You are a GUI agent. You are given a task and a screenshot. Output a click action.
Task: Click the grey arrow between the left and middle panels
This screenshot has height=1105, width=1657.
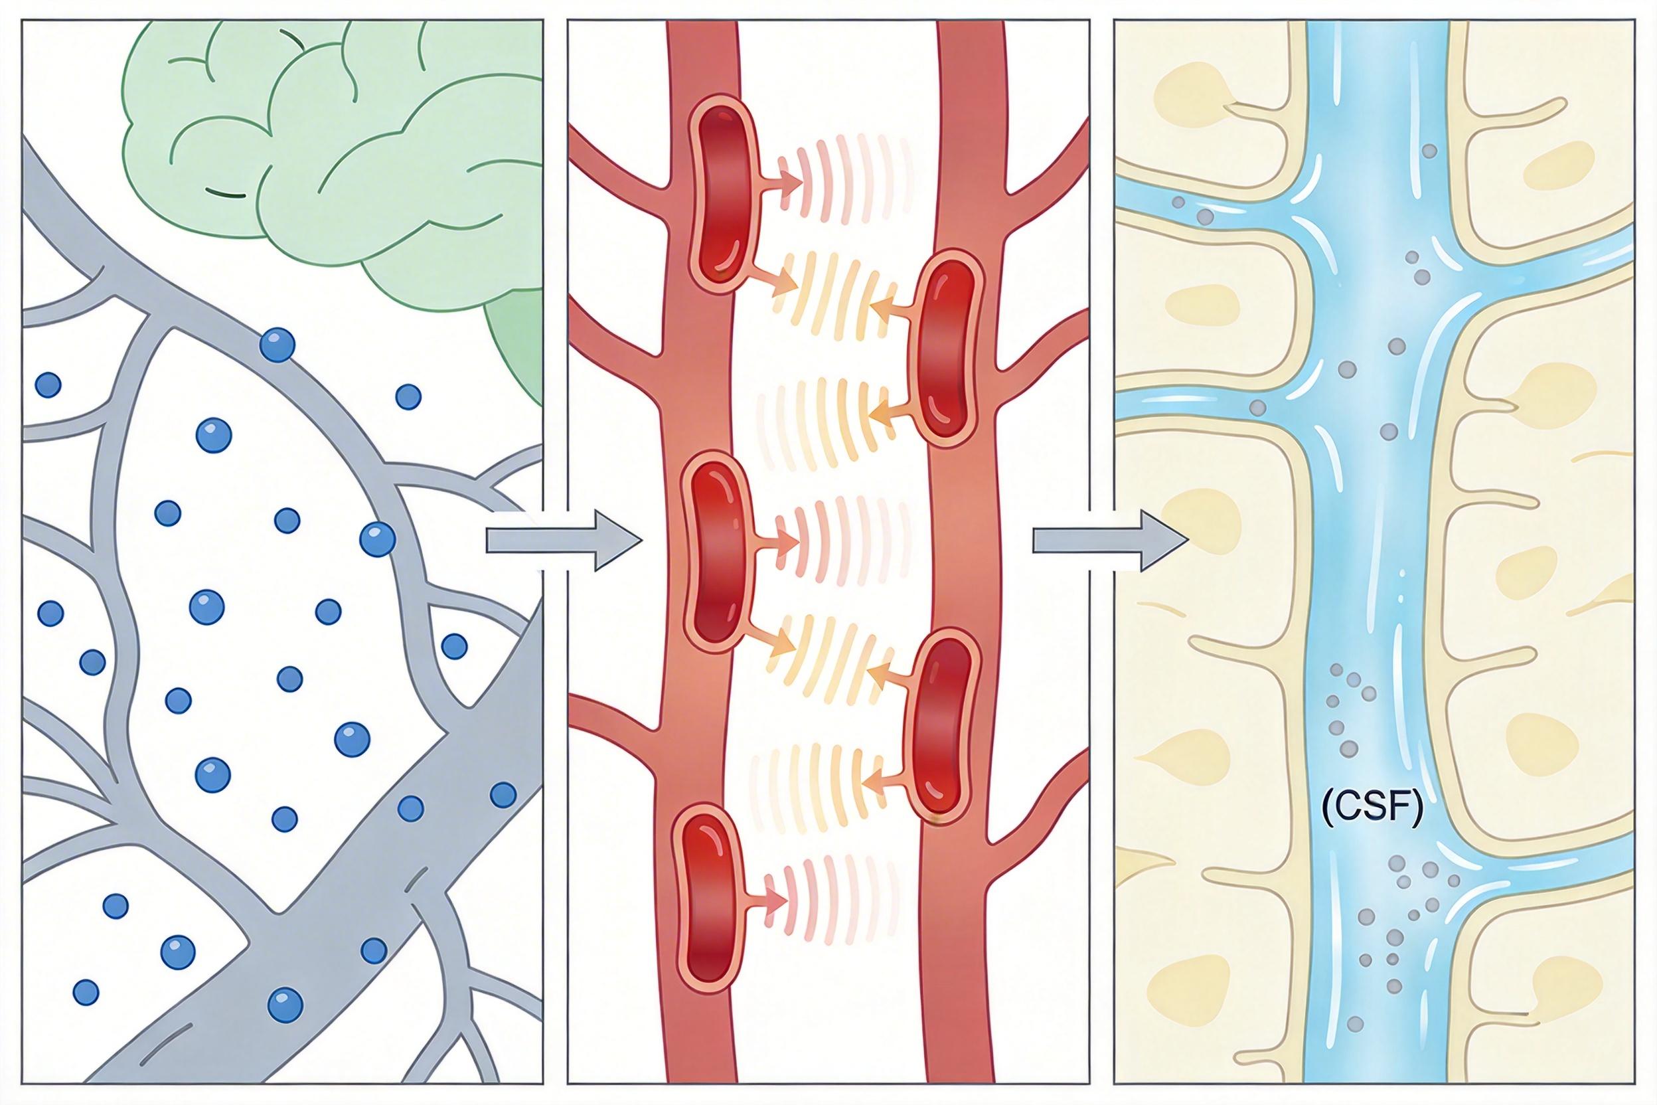(564, 541)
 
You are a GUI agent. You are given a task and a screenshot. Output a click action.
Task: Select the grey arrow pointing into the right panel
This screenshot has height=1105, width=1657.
(1109, 541)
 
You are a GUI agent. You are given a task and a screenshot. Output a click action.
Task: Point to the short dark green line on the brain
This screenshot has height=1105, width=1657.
(226, 191)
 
